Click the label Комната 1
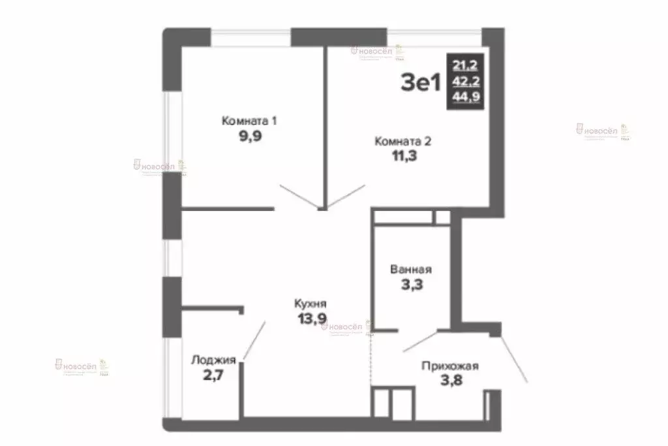coord(250,121)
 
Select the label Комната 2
coord(402,141)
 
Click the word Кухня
coord(310,304)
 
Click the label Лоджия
coord(213,360)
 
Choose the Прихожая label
coord(450,366)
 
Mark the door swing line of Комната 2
coord(343,197)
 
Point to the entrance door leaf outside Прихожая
coord(514,359)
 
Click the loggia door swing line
coord(254,341)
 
